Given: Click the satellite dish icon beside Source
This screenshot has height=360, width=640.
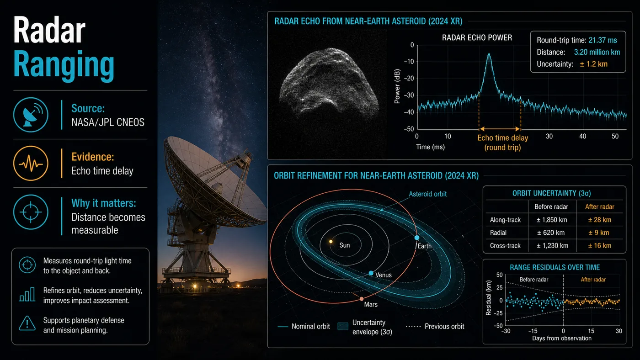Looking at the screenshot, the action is coord(31,115).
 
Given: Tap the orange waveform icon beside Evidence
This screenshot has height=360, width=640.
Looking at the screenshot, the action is coord(31,164).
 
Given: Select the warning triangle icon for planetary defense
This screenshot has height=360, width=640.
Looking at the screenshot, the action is coord(27,323).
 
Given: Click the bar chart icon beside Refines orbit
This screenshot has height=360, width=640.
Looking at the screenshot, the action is coord(27,294).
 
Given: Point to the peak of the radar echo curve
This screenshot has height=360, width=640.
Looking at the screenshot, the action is coord(489,53).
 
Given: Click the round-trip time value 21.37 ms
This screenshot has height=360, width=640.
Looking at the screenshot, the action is coord(603,40).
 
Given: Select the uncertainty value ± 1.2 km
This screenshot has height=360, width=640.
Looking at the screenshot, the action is coord(593,64).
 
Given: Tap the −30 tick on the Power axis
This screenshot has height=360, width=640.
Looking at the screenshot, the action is coord(409,95).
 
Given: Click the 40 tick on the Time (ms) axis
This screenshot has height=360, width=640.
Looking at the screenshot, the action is coord(582,137).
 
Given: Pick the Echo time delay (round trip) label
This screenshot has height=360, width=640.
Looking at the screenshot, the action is coord(502,143).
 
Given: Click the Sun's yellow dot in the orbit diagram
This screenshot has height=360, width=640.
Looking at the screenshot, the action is coord(331,242).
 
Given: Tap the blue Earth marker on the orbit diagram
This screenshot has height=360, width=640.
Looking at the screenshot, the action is coord(417,238).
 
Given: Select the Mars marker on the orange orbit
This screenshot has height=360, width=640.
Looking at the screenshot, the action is coord(362,299).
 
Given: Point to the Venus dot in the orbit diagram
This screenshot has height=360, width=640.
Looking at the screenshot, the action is coord(371,273).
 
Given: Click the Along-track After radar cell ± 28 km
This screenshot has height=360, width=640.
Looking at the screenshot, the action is coord(599,220).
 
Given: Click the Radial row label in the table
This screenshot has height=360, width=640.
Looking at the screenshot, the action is coord(498,233).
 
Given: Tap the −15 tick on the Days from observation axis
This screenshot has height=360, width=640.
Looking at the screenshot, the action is coord(533,331).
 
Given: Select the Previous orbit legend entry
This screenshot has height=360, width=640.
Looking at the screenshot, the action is coord(435,326).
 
